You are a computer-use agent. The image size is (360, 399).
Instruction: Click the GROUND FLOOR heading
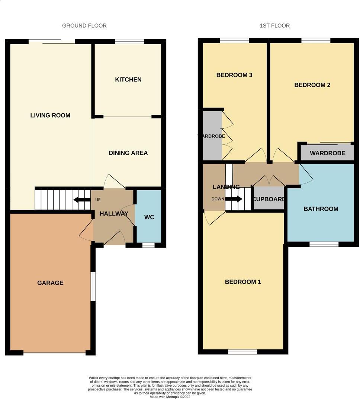pyautogui.click(x=84, y=26)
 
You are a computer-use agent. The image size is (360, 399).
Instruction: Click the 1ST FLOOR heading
pyautogui.click(x=274, y=26)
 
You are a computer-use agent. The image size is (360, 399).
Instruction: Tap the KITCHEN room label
pyautogui.click(x=128, y=80)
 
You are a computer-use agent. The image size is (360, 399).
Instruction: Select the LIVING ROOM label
pyautogui.click(x=50, y=115)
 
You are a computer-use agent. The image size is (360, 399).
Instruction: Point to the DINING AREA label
pyautogui.click(x=128, y=153)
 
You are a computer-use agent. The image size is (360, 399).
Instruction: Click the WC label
pyautogui.click(x=149, y=217)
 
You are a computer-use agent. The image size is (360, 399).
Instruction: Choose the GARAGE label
pyautogui.click(x=50, y=283)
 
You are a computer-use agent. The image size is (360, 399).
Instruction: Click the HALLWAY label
pyautogui.click(x=114, y=214)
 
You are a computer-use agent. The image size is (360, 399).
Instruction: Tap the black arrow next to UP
pyautogui.click(x=82, y=200)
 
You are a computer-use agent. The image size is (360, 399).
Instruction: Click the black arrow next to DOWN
pyautogui.click(x=234, y=199)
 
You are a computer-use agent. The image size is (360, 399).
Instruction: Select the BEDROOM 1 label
pyautogui.click(x=243, y=282)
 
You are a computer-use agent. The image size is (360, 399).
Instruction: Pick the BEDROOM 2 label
pyautogui.click(x=312, y=85)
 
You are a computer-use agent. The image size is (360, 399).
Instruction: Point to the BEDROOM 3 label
pyautogui.click(x=234, y=75)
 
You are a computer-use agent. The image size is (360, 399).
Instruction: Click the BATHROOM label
pyautogui.click(x=321, y=209)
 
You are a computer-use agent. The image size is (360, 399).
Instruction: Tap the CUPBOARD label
pyautogui.click(x=269, y=199)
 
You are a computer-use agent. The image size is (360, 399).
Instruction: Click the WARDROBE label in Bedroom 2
pyautogui.click(x=327, y=153)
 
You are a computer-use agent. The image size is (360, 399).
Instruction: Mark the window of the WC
pyautogui.click(x=148, y=245)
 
